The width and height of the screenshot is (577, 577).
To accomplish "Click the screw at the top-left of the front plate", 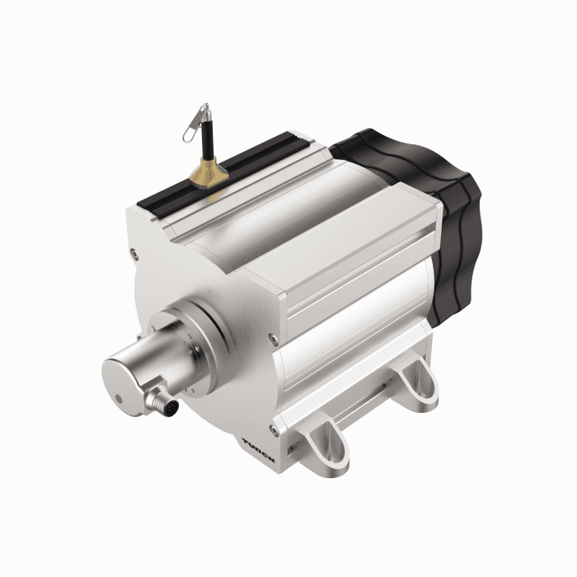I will pos(133,256).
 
